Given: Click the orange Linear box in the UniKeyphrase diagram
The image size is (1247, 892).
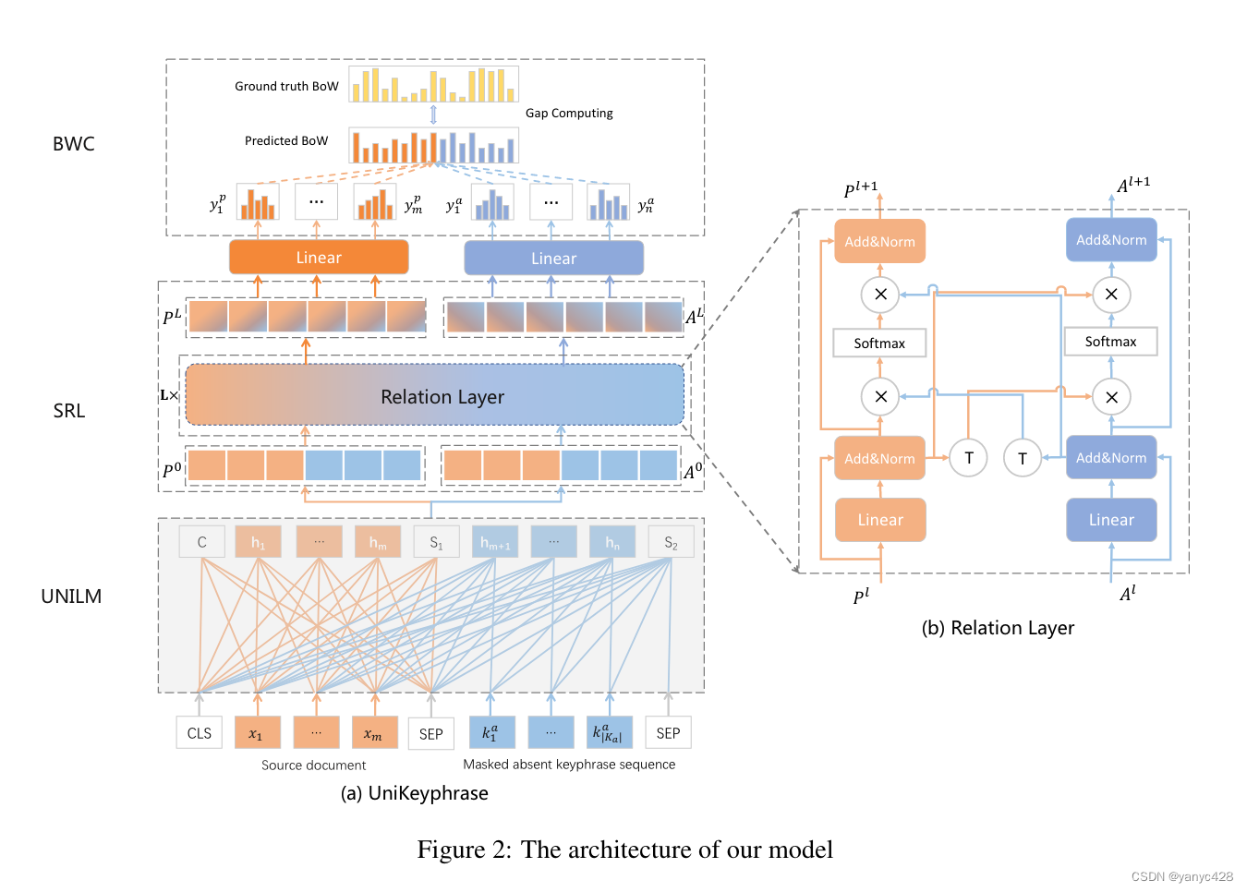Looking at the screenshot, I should [x=319, y=258].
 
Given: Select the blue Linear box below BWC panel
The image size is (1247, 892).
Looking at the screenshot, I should [x=553, y=259].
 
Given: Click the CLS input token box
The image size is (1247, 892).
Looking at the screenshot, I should [x=200, y=733].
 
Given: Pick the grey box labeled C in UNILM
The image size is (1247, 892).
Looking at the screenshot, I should [x=202, y=542].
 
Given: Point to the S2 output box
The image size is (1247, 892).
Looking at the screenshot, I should [x=671, y=542].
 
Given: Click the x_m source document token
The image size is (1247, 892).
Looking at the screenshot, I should [x=373, y=733].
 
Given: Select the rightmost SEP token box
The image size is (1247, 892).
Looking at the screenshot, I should [x=668, y=733].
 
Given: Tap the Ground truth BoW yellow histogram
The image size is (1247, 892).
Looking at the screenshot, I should [x=433, y=84].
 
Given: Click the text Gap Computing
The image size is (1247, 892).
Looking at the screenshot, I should [x=569, y=113].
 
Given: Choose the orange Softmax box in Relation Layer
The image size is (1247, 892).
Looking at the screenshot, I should [x=879, y=343].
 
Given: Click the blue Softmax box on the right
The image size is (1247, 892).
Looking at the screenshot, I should [x=1110, y=342].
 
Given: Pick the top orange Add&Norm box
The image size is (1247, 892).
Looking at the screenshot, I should [x=879, y=242].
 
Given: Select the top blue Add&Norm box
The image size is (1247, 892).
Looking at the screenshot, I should [x=1111, y=240].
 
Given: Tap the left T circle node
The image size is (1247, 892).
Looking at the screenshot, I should [x=968, y=457].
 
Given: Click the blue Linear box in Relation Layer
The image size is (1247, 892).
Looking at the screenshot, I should [x=1111, y=520].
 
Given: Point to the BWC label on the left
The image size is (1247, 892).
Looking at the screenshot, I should [x=74, y=144].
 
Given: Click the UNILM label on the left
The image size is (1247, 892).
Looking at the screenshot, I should [x=71, y=597].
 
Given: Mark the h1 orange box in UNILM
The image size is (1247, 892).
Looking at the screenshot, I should [x=258, y=542].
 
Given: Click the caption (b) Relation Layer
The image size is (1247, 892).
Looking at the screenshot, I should [x=998, y=628].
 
